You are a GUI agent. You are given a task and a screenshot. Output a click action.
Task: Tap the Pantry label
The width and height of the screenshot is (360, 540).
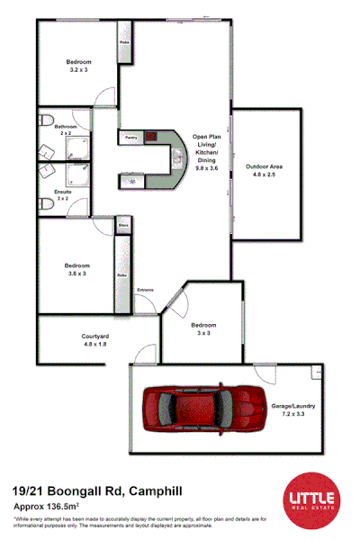pos(130,138)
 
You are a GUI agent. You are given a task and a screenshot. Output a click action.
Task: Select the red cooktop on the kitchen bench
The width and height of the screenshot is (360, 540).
pos(151,138)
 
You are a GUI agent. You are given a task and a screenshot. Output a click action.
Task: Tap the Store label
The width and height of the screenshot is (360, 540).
pos(123,225)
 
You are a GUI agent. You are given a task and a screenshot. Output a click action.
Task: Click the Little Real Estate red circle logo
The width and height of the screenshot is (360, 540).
pos(310,498)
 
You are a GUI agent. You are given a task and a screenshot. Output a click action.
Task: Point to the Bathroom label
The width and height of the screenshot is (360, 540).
pos(65,127)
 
